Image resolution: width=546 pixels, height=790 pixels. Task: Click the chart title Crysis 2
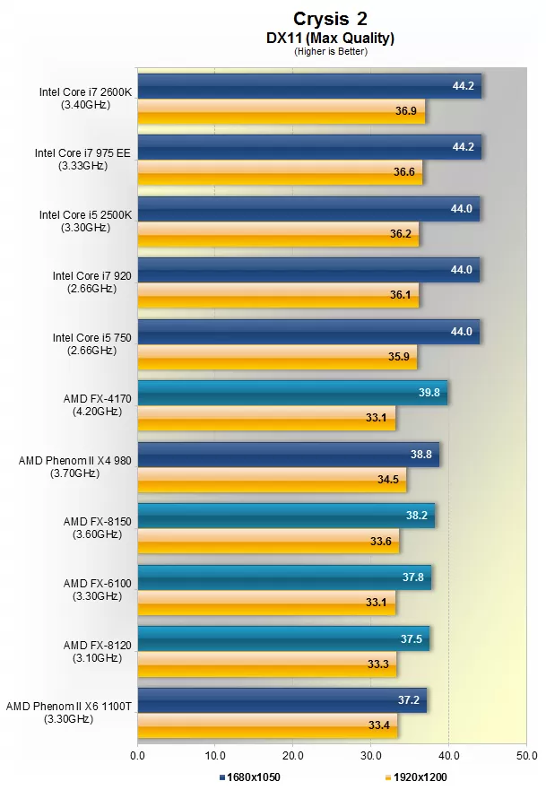(x=330, y=19)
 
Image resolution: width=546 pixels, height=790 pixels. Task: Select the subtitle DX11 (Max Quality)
(x=330, y=38)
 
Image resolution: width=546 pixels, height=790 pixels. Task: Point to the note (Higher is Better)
(x=330, y=51)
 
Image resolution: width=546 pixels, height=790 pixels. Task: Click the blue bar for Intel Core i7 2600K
(x=309, y=86)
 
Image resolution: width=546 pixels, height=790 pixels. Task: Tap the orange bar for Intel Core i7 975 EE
(x=280, y=171)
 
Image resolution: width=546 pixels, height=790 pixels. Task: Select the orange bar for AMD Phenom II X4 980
(x=272, y=479)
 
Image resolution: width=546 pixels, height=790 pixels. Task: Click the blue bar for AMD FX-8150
(x=286, y=516)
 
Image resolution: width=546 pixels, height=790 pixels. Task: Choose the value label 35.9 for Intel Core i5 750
(x=400, y=356)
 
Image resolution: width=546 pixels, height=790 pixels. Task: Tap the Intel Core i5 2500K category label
(x=86, y=221)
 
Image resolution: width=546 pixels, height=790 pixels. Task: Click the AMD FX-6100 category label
(x=98, y=589)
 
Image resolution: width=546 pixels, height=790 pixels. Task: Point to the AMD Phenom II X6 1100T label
(x=69, y=712)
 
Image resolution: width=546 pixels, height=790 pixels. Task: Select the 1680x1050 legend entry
(x=252, y=776)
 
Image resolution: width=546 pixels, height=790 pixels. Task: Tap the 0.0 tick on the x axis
(x=137, y=756)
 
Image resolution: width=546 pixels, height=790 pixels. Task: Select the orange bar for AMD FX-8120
(x=267, y=664)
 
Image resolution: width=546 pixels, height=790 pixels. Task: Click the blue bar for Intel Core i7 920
(x=308, y=270)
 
